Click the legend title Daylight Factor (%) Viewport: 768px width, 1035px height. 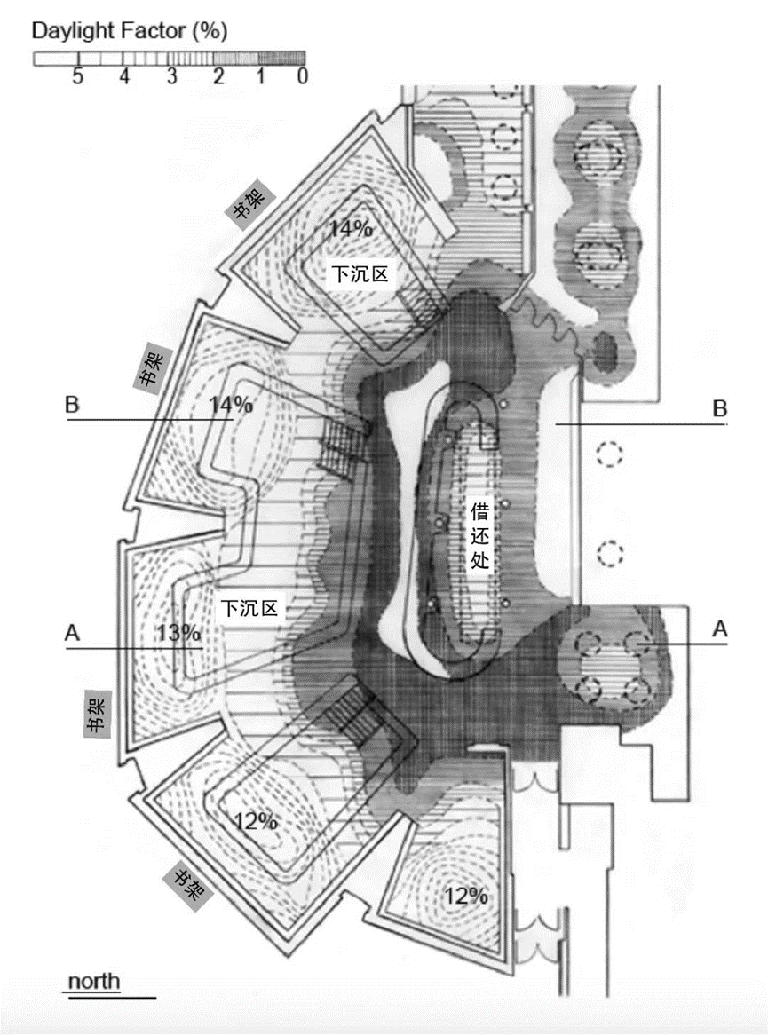(130, 31)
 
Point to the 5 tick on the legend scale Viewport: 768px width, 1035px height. (78, 77)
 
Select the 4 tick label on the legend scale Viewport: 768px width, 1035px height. (124, 77)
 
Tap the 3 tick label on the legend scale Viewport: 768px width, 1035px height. (170, 77)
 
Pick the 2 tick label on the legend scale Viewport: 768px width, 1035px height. (217, 77)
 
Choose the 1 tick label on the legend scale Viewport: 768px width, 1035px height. (261, 77)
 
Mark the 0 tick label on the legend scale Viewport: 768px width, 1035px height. (302, 77)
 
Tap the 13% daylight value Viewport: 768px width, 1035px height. (178, 633)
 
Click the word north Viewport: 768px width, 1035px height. (94, 981)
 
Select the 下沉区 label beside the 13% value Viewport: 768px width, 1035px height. (249, 608)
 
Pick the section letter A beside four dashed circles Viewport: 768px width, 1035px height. (721, 628)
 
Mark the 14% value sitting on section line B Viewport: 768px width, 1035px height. (231, 404)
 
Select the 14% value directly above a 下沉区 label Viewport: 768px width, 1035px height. (351, 228)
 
